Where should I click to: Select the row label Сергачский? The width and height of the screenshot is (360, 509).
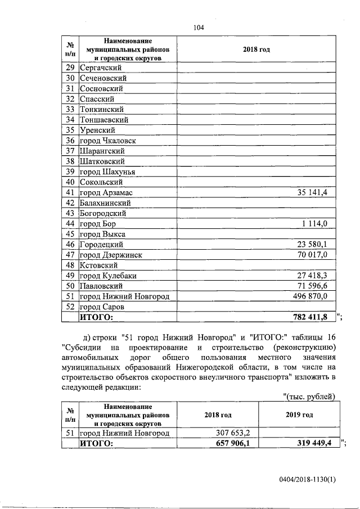click(101, 67)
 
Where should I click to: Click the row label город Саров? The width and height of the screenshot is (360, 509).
click(105, 307)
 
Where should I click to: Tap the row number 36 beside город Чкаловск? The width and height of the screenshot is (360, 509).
click(70, 141)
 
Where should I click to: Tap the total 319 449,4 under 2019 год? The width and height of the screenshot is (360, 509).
click(313, 444)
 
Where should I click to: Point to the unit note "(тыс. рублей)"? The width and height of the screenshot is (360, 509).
click(308, 397)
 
